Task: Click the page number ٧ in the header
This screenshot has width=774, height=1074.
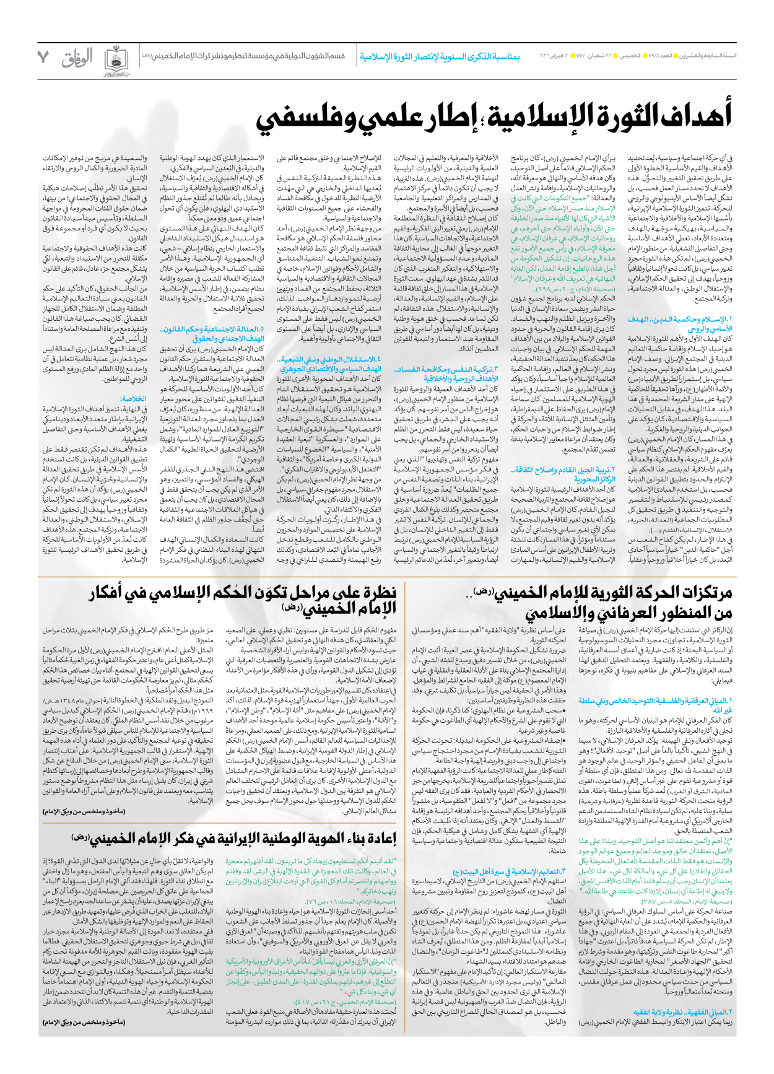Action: [43, 58]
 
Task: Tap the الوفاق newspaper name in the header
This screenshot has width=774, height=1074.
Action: [77, 58]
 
